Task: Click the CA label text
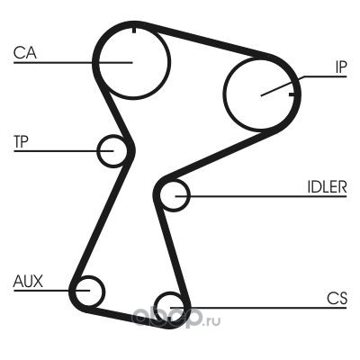(25, 53)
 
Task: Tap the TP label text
(21, 141)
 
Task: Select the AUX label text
(28, 282)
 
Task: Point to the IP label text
(341, 67)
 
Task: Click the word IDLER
(327, 187)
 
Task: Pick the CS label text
(337, 299)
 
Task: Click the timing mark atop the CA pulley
(134, 30)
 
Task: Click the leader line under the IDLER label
(261, 196)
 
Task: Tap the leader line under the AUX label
(51, 291)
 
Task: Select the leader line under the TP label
(64, 150)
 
